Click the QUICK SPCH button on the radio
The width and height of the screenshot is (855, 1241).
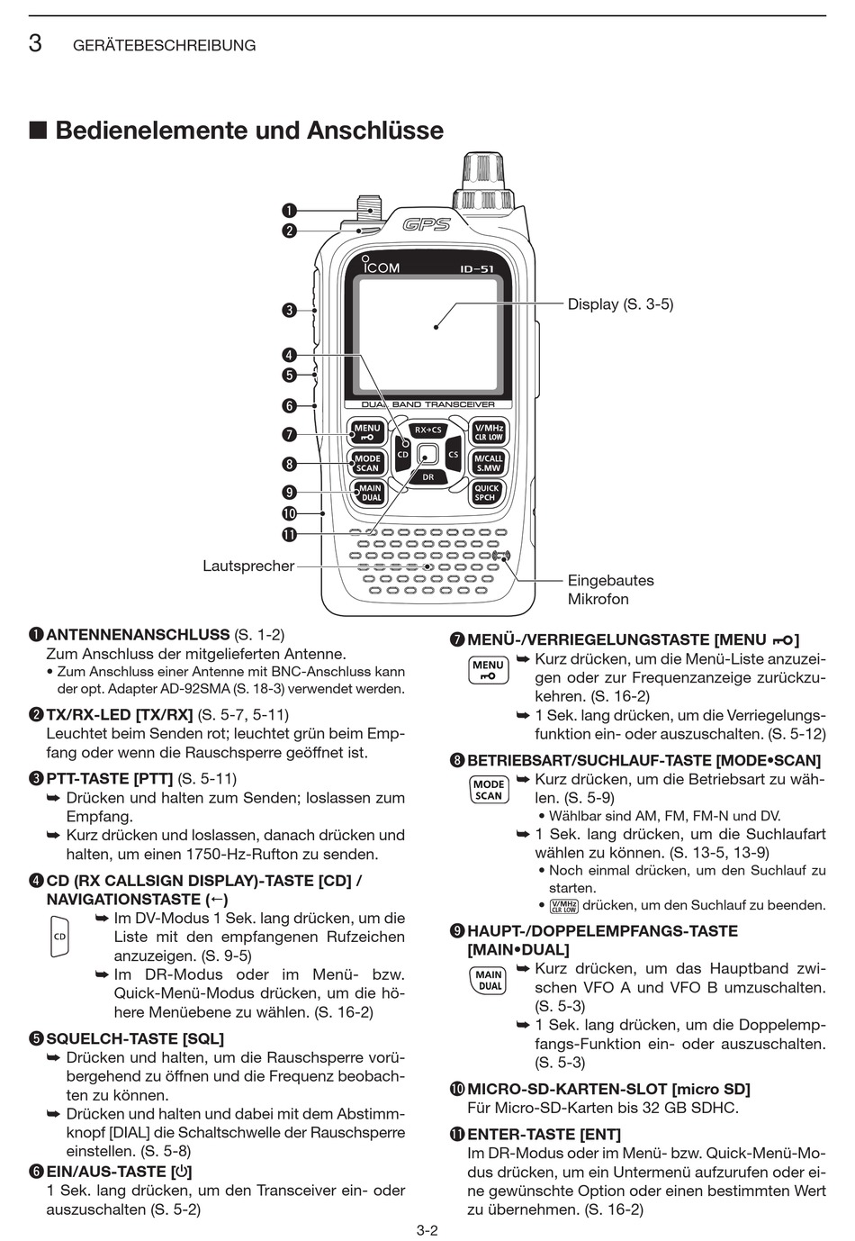(487, 493)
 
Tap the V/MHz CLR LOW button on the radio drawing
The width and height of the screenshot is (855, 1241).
(489, 432)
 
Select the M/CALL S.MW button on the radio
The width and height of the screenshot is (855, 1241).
(489, 463)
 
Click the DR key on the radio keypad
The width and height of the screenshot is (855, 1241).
(428, 477)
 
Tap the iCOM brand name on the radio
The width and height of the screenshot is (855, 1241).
(382, 267)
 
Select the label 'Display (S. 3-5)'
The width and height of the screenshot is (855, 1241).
(620, 304)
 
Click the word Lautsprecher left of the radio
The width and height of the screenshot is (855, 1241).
(248, 566)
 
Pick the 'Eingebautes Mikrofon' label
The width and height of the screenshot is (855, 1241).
(610, 590)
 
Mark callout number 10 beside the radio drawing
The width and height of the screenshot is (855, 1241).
(289, 514)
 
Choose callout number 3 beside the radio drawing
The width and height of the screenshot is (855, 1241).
(289, 311)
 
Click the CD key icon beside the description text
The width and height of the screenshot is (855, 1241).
(59, 937)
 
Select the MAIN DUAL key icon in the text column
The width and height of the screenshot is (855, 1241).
(489, 980)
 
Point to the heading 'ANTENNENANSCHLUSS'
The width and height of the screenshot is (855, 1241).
(138, 635)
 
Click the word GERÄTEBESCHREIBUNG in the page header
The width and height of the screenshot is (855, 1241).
(164, 45)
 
